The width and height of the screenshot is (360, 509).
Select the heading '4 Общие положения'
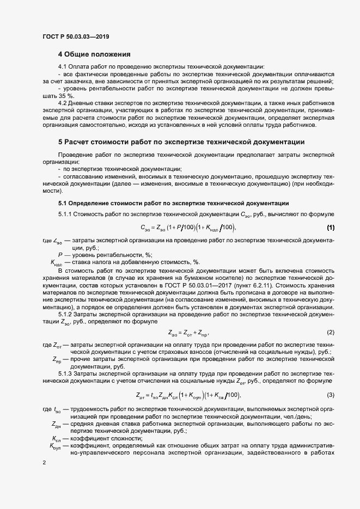pos(95,54)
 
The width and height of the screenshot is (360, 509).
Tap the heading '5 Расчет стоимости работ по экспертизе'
pos(181,142)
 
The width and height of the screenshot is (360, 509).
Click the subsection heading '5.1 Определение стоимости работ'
pos(173,203)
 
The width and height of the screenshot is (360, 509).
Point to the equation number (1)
pos(331,226)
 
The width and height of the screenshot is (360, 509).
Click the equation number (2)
pos(331,332)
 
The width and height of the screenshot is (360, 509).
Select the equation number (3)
pos(331,394)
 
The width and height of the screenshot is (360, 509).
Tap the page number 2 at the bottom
pos(45,463)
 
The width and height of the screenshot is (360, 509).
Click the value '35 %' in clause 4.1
pos(64,95)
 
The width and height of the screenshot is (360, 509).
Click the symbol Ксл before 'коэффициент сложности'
pos(57,438)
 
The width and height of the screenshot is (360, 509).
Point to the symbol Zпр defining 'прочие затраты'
pos(57,360)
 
